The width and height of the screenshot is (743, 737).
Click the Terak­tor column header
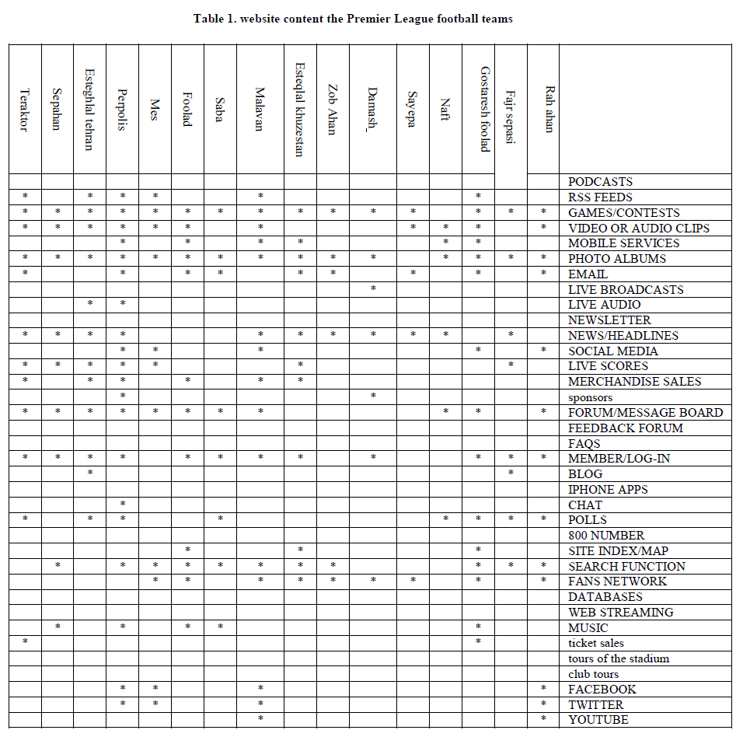[24, 110]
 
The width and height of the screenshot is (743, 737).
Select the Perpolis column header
[122, 110]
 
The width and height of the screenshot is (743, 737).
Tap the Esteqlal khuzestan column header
[299, 110]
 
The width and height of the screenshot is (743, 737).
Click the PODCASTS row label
[600, 182]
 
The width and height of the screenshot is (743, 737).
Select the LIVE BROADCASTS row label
[626, 289]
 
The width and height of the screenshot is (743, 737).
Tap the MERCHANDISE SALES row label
[634, 382]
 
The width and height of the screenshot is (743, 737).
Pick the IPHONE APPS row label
[608, 490]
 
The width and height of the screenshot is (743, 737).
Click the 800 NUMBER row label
[606, 536]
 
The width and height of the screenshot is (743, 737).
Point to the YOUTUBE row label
[598, 720]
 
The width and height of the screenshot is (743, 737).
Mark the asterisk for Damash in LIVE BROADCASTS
[373, 288]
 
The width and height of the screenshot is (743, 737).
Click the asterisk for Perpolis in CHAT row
[123, 505]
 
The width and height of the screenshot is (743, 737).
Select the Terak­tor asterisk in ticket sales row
[25, 642]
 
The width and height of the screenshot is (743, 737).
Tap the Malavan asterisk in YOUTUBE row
[260, 719]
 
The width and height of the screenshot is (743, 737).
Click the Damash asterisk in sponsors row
[373, 396]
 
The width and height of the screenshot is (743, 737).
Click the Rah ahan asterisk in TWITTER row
[543, 704]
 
